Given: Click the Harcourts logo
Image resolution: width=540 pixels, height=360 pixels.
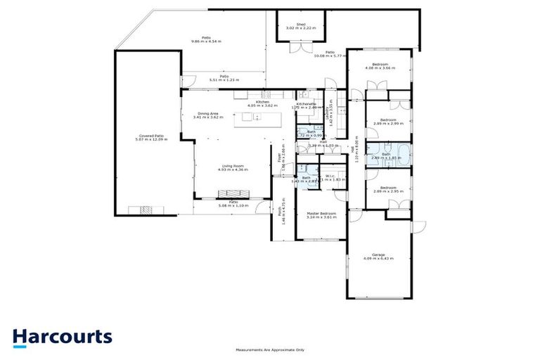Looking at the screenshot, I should point(62,336).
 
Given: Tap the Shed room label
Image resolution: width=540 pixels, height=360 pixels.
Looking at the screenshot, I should point(300,26).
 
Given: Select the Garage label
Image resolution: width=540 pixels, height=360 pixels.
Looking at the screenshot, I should point(378,257).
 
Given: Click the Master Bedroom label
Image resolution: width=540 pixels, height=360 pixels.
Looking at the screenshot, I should point(321,215).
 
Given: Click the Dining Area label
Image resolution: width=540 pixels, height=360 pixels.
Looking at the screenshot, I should point(207,115).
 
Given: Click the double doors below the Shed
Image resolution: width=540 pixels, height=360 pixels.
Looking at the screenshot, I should point(300,48).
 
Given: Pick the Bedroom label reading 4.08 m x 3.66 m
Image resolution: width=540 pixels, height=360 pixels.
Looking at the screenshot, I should point(380,67).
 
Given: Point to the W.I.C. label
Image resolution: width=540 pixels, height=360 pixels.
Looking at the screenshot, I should point(330,178).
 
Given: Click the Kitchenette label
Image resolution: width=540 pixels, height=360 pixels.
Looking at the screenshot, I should point(307,105).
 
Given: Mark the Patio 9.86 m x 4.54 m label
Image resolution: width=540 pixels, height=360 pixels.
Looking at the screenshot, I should point(206,39).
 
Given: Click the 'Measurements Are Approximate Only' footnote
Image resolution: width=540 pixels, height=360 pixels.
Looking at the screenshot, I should point(270,349).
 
